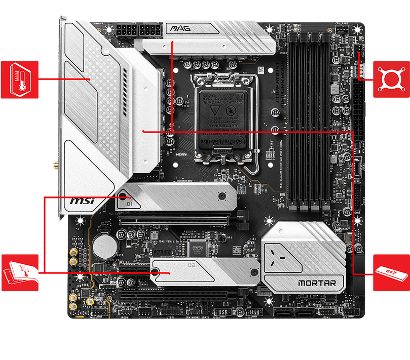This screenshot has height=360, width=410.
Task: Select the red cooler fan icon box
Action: (391, 78)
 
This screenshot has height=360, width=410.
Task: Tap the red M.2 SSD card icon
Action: (19, 272)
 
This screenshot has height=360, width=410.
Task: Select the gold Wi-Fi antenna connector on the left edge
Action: (54, 165)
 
